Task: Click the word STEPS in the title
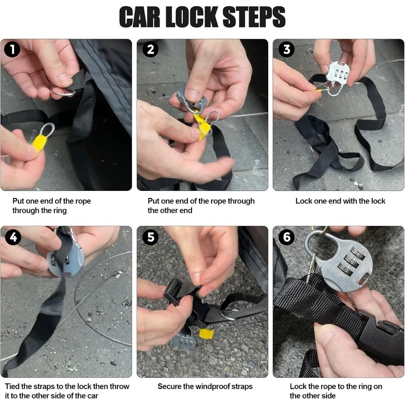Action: coord(254,17)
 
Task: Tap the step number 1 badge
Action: coord(12,49)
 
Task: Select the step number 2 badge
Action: coord(150,49)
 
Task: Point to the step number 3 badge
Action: coord(287,49)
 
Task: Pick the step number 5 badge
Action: coord(150,237)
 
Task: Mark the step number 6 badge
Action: coord(287,237)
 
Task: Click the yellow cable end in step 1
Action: coord(39,143)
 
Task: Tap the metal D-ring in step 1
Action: coord(64,93)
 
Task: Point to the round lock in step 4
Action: coord(66,261)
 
